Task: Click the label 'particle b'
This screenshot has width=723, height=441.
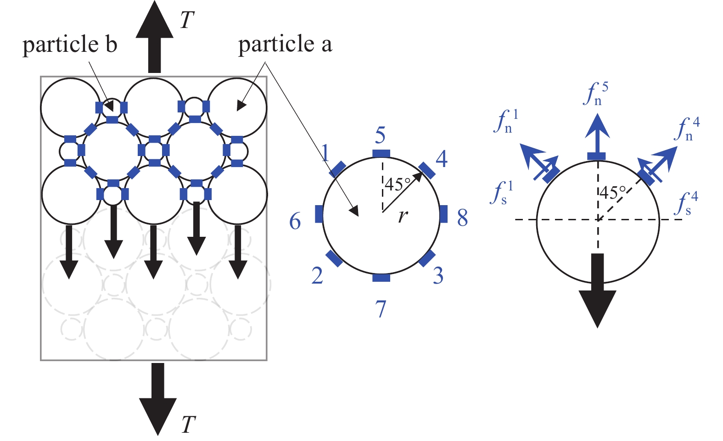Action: [x=70, y=45]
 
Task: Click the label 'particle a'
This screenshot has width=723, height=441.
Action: [x=285, y=45]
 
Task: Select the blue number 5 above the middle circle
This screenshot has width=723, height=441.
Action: [x=380, y=136]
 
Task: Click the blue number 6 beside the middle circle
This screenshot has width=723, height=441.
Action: [x=295, y=222]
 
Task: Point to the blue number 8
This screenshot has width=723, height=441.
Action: [x=463, y=218]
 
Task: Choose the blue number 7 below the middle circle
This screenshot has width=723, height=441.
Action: [x=381, y=309]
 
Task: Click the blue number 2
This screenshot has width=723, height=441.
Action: [x=317, y=276]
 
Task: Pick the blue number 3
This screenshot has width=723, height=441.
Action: [x=438, y=276]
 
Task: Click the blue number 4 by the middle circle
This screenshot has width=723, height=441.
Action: [x=441, y=159]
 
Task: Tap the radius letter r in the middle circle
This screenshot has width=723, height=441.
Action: [x=403, y=215]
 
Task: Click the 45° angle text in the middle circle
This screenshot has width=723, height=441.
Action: [x=398, y=184]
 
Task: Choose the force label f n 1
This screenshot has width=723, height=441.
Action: [x=506, y=122]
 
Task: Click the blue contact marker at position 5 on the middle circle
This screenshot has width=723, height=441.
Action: [x=381, y=153]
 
